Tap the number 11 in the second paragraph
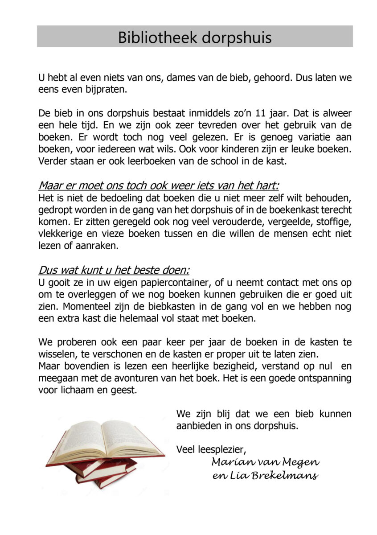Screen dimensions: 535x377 click(253, 114)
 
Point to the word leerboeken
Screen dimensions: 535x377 click(131, 161)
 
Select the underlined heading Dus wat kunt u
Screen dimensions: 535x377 click(114, 270)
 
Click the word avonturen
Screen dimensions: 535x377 click(131, 378)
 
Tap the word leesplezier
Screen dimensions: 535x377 click(220, 449)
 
